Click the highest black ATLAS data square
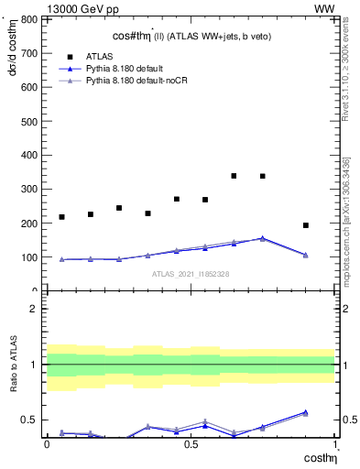click(235, 176)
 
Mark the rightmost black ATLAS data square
click(306, 225)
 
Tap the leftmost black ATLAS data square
click(61, 217)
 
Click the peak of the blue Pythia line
click(263, 238)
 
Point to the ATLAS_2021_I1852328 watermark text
click(191, 274)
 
